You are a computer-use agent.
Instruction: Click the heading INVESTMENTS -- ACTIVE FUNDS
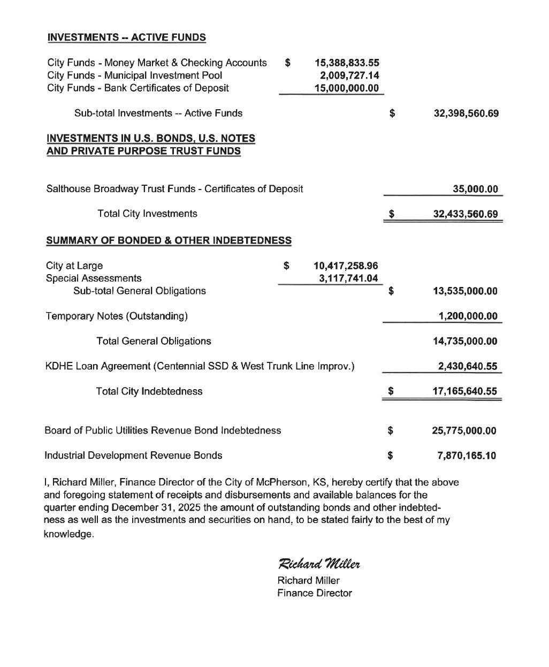126,37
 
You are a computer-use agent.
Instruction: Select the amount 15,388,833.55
347,63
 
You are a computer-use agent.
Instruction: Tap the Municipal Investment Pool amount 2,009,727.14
349,75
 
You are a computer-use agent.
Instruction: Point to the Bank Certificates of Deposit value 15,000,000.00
347,88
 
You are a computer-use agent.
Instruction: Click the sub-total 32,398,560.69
466,113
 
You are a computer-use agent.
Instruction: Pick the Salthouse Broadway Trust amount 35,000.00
475,189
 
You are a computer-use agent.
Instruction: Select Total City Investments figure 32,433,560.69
465,214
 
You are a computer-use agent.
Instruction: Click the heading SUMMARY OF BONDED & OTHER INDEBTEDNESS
169,240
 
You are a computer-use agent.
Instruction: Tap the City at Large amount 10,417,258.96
346,266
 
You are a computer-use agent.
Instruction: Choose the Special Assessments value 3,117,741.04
348,278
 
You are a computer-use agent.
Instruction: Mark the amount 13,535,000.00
464,291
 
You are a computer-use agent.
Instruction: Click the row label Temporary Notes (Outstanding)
117,316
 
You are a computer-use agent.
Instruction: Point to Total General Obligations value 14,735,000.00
464,342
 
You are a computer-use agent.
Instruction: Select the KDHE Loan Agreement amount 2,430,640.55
467,367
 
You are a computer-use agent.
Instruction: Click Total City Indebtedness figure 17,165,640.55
464,391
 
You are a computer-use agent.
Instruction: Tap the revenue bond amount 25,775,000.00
464,431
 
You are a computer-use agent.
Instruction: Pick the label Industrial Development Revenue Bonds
133,456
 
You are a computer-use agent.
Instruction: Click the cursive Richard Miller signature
319,564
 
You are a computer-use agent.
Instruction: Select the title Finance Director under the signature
315,593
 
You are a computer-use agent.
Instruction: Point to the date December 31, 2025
158,507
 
